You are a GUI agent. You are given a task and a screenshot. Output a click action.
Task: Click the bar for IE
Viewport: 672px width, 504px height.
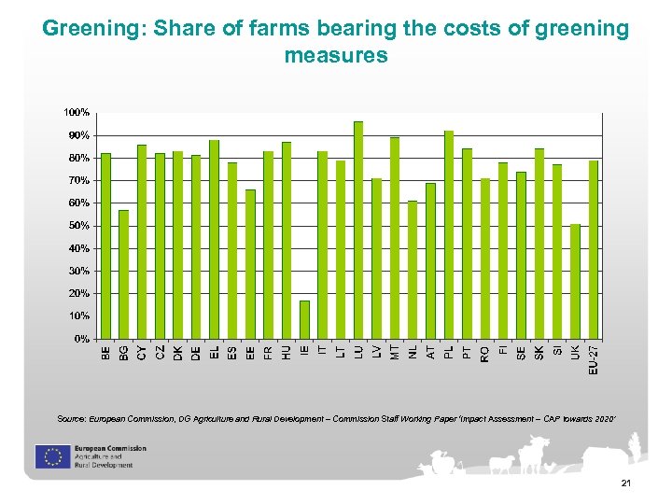pos(305,319)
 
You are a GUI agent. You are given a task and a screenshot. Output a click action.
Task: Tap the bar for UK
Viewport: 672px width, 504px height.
pos(576,281)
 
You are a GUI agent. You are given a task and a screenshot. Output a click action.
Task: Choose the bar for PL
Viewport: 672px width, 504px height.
pos(449,234)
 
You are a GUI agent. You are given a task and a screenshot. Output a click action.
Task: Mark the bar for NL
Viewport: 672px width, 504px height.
pos(413,270)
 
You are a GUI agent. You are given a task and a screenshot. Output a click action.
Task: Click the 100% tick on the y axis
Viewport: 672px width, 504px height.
pos(77,113)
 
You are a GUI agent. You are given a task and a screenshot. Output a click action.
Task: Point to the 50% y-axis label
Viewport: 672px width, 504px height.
pos(78,226)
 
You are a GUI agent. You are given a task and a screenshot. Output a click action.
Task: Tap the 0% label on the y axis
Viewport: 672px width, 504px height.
pos(81,339)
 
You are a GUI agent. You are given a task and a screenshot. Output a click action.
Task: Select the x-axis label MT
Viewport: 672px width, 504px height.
pos(395,352)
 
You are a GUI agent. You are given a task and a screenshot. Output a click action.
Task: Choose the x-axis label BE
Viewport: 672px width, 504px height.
pos(105,352)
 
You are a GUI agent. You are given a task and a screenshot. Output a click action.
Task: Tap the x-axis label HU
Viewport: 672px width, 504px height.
pos(287,352)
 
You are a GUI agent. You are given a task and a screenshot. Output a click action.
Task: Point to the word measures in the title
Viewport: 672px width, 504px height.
pos(335,55)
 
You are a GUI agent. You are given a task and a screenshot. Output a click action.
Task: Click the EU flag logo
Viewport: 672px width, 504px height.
pos(49,456)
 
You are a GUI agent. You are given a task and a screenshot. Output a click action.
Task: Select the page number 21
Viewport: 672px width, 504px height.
pos(625,483)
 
